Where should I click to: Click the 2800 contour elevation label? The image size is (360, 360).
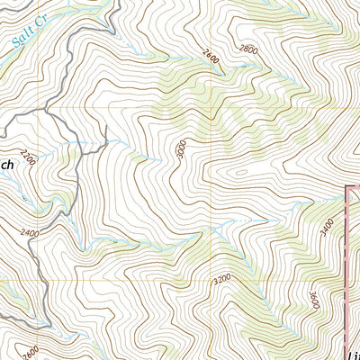pyautogui.click(x=249, y=50)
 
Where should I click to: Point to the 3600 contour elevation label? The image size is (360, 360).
pyautogui.click(x=313, y=301)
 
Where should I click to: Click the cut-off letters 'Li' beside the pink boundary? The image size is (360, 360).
pyautogui.click(x=352, y=346)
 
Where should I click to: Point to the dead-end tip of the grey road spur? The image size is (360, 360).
pyautogui.click(x=106, y=128)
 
